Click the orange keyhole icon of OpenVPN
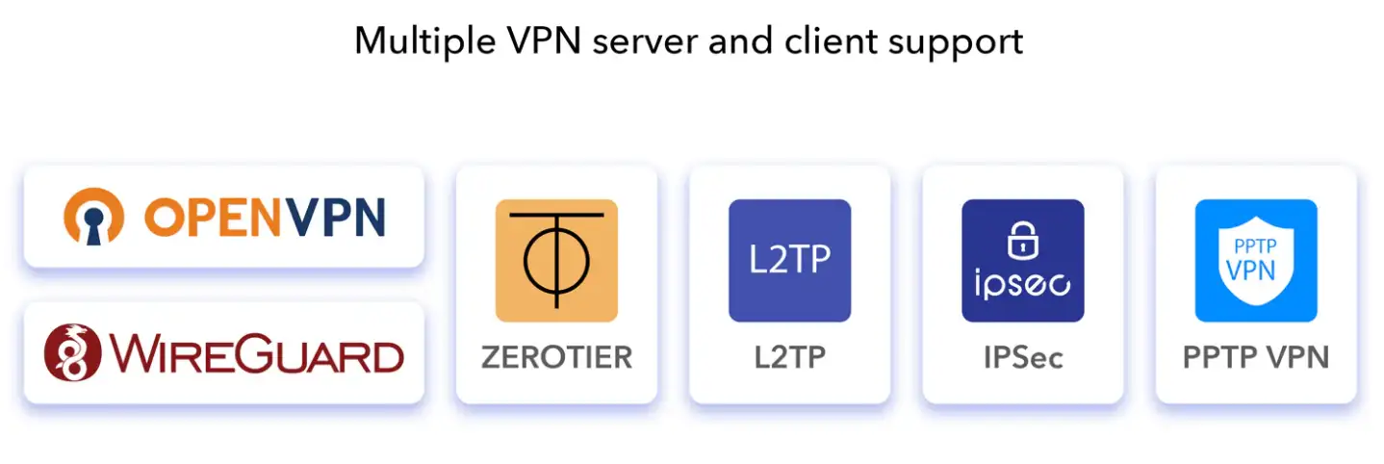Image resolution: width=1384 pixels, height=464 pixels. coord(93,217)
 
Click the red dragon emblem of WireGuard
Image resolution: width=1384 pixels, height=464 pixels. coord(72,353)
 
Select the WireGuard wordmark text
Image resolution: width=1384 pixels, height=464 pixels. coord(254,354)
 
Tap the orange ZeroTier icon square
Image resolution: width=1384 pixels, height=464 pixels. coord(556,260)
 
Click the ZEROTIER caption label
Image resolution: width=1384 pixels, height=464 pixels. coord(556,357)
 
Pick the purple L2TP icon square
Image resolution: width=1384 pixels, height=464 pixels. coord(789,260)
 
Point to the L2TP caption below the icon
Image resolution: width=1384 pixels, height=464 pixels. coord(789,357)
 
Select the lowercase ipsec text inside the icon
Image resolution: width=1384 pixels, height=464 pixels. coord(1022,285)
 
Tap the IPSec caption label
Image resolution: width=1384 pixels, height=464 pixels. coord(1023,357)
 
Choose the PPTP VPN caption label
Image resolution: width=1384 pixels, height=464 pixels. coord(1256,357)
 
